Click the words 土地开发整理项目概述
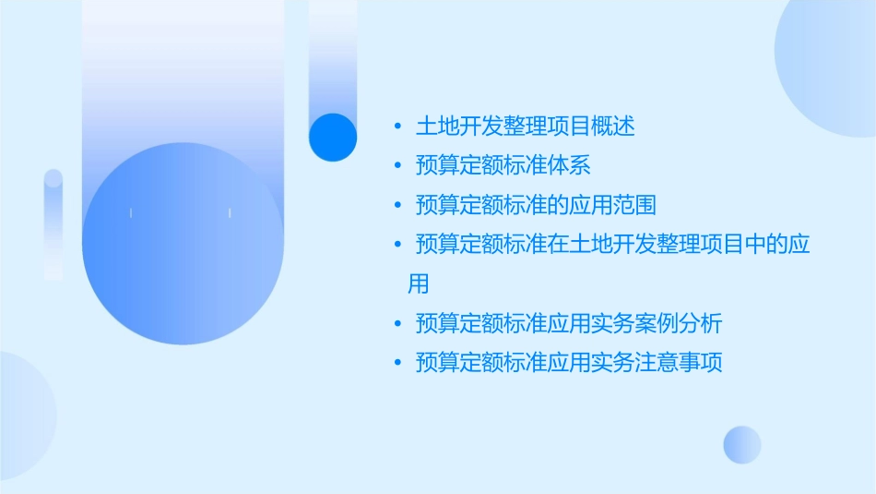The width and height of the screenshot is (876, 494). click(x=526, y=127)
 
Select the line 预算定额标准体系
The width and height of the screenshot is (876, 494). click(x=503, y=166)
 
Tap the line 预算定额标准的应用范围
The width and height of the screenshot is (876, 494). click(x=536, y=205)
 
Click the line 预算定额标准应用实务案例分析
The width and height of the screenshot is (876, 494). click(x=569, y=324)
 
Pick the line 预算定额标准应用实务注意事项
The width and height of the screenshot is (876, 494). click(x=569, y=363)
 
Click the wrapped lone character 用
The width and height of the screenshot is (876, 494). click(x=419, y=283)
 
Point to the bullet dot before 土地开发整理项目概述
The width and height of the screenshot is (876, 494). click(x=397, y=127)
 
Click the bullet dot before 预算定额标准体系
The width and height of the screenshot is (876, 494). click(x=397, y=166)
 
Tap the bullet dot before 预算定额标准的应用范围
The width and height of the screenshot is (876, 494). click(x=397, y=205)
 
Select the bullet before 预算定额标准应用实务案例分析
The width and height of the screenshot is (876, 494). click(x=397, y=324)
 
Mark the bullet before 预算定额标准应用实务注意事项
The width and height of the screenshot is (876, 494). click(x=397, y=363)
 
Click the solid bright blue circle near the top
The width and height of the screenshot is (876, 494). click(x=332, y=137)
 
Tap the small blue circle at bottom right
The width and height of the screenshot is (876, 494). click(x=742, y=444)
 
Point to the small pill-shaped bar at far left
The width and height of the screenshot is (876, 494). click(x=53, y=224)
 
